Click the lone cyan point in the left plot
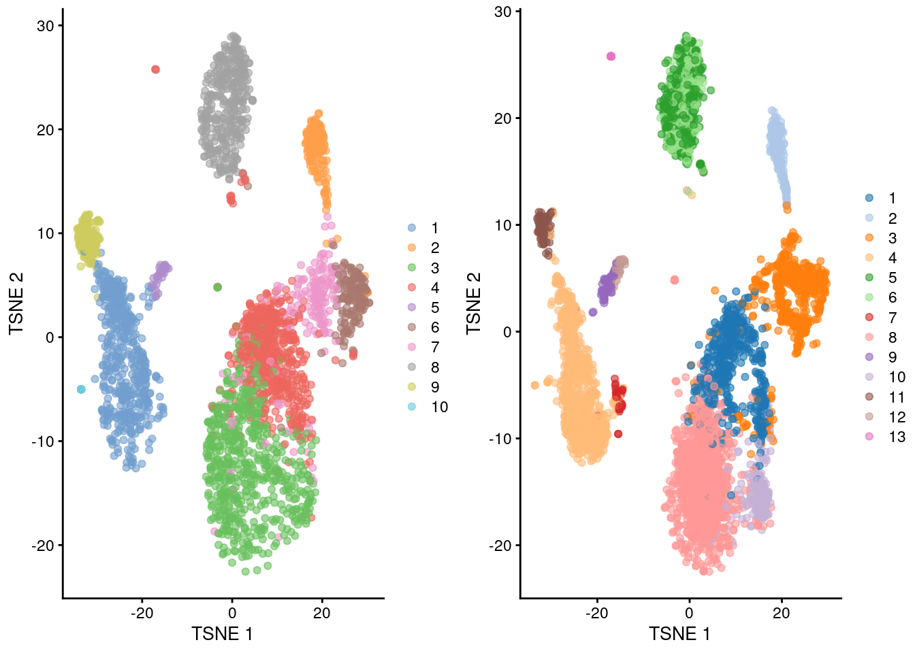[x=81, y=389]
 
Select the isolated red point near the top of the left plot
[x=155, y=69]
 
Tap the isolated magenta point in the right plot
[x=611, y=56]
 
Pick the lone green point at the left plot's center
[x=217, y=287]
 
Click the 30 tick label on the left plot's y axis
[x=45, y=26]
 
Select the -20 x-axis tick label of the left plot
[x=142, y=613]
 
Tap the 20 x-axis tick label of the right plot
[x=781, y=613]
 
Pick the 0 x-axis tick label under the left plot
[x=232, y=613]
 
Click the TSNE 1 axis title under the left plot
[x=222, y=634]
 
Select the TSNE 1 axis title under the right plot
[x=679, y=634]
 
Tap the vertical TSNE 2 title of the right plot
[x=474, y=303]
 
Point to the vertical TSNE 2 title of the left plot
[x=16, y=303]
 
